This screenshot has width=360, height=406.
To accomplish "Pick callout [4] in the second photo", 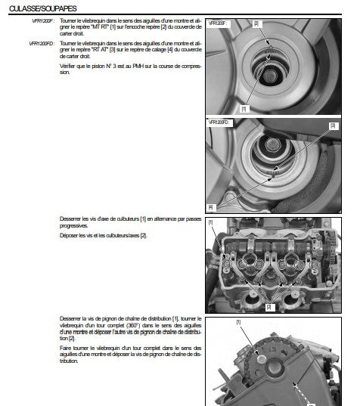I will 210,206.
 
